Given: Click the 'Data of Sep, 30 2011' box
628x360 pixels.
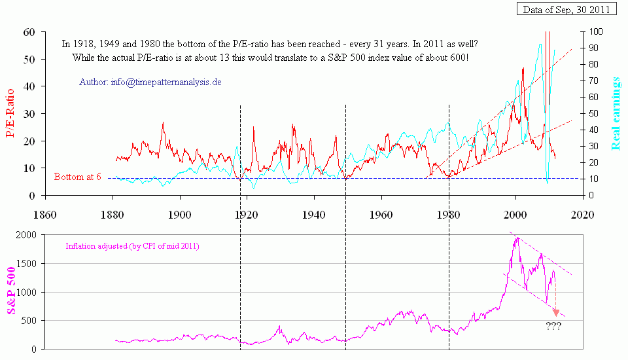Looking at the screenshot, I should coord(567,9).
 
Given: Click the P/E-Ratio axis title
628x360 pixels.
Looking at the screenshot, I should coord(11,114).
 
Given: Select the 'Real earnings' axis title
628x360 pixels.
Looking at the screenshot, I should coord(616,113).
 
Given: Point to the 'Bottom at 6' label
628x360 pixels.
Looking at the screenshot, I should coord(78,177).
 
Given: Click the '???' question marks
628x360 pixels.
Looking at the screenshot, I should coord(553,326).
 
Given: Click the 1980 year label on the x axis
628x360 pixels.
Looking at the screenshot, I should coord(449,213).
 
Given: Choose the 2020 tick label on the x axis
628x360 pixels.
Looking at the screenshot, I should coord(582,213).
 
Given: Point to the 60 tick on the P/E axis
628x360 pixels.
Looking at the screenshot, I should coord(28,31).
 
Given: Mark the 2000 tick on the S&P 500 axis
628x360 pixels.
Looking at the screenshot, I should coord(25,235).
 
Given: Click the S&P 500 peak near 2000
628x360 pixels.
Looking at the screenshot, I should coord(517,238).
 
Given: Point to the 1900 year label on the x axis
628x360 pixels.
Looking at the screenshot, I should coord(179,213).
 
